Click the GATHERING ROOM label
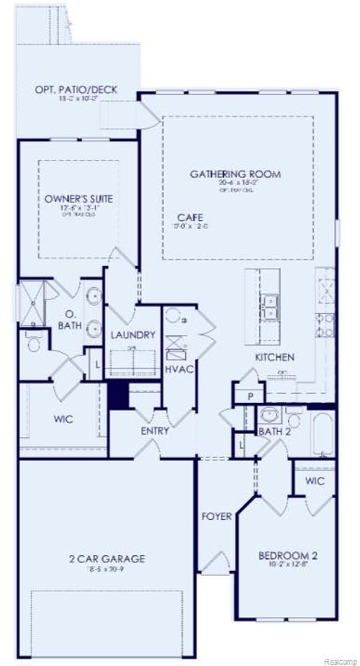click(235, 174)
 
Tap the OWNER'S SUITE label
click(78, 198)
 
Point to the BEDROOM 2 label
click(288, 555)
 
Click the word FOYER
click(215, 516)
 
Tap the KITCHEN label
click(275, 357)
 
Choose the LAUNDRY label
click(133, 335)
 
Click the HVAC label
click(176, 369)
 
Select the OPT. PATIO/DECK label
click(76, 91)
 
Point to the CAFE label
click(192, 217)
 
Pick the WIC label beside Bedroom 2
click(315, 481)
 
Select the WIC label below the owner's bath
click(63, 418)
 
